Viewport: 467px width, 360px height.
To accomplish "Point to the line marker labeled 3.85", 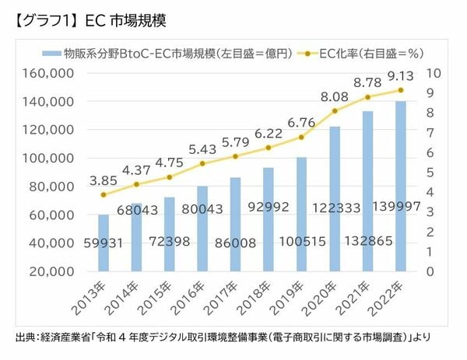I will click(x=103, y=194).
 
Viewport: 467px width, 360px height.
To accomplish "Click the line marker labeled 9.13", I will click(x=400, y=90).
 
